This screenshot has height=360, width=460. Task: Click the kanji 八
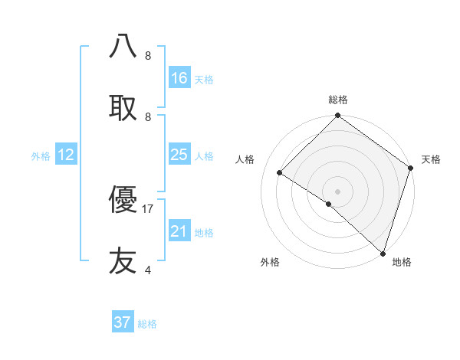point(123,46)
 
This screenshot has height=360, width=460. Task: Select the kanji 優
point(123,201)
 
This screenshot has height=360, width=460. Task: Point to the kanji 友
point(123,261)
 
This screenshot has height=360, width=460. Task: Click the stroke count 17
point(148,208)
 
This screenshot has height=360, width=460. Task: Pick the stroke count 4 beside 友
point(147,270)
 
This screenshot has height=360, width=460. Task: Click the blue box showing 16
point(179,78)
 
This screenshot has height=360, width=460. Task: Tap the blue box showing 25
point(179,155)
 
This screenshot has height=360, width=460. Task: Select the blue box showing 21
point(179,231)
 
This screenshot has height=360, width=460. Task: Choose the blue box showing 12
point(66,155)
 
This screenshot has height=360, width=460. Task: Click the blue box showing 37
point(123,322)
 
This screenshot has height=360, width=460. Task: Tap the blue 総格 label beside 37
point(147,324)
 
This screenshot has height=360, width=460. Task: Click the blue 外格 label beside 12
point(41,156)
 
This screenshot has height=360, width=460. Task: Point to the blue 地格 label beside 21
point(204,233)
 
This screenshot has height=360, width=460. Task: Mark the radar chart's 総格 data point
point(337,116)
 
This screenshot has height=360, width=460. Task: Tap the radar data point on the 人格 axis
point(280,173)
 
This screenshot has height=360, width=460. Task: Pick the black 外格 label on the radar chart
point(270,262)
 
